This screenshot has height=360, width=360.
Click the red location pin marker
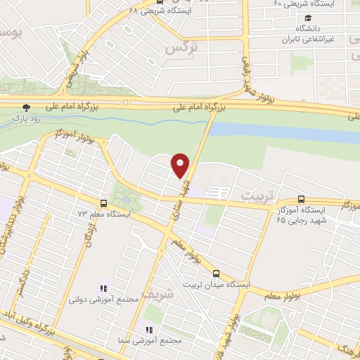coord(181,165)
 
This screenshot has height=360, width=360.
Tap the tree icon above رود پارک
coord(27,108)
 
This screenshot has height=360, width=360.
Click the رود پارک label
coord(27,120)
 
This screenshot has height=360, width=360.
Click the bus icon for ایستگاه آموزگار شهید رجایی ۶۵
coord(302,199)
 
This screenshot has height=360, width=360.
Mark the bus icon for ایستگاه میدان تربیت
coord(215,273)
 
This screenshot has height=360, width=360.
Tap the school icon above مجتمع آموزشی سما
coord(148,329)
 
